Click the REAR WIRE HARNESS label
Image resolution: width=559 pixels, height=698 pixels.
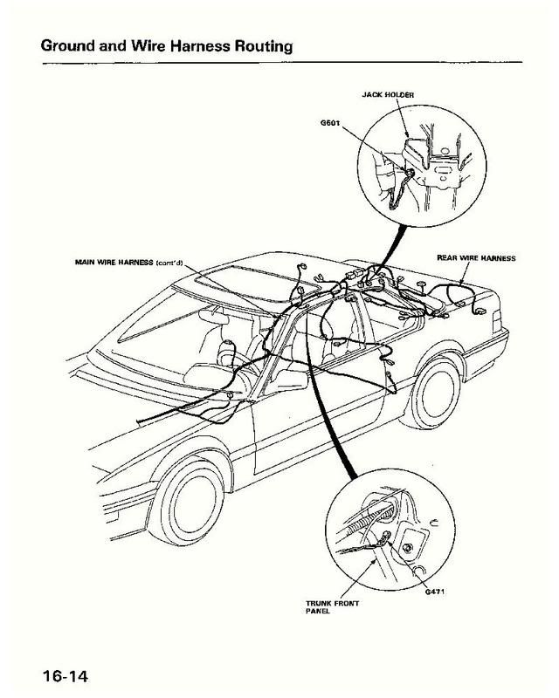pos(476,258)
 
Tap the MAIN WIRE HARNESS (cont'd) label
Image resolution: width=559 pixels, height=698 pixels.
pos(127,262)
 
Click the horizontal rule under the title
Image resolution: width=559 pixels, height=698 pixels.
pos(279,61)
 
